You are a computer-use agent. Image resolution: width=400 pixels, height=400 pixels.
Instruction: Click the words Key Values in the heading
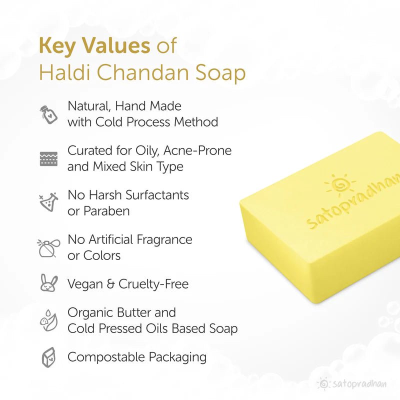pyautogui.click(x=94, y=46)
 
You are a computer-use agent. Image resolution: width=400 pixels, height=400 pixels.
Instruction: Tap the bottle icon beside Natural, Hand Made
pyautogui.click(x=48, y=114)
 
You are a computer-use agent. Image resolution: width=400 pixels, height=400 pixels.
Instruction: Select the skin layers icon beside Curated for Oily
pyautogui.click(x=48, y=158)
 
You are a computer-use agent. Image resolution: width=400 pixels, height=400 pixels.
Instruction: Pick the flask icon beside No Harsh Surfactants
pyautogui.click(x=48, y=202)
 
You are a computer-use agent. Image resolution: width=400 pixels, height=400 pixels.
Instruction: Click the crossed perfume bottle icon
pyautogui.click(x=48, y=247)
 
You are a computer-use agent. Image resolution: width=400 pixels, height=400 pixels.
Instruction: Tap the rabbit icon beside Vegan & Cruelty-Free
pyautogui.click(x=48, y=284)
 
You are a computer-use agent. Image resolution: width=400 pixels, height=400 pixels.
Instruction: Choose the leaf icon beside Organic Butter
pyautogui.click(x=48, y=320)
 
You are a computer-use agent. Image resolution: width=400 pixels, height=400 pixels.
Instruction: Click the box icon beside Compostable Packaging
pyautogui.click(x=48, y=357)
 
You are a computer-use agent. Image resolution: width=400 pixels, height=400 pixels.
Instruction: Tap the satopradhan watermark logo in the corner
pyautogui.click(x=355, y=384)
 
